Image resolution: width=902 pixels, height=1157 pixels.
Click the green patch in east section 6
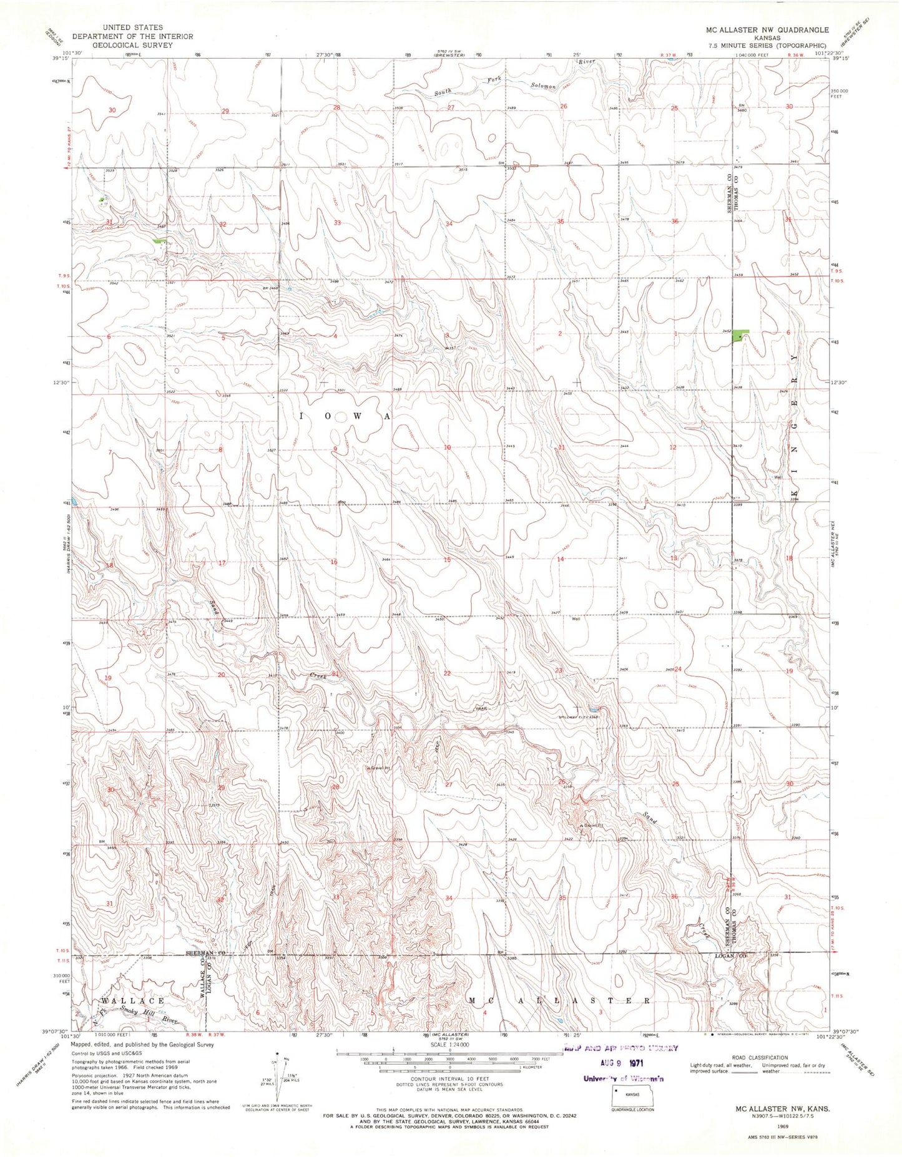click(x=740, y=335)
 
